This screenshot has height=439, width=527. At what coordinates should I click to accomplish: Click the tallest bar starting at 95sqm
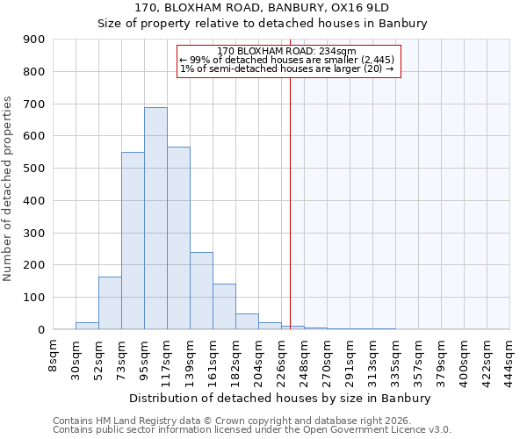[x=155, y=219]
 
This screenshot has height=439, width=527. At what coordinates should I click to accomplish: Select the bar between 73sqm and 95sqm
[x=133, y=241]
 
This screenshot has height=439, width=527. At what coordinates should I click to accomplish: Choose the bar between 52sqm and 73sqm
[x=110, y=303]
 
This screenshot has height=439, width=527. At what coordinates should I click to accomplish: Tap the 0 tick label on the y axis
[x=40, y=330]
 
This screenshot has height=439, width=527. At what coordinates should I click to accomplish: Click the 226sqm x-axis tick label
[x=282, y=357]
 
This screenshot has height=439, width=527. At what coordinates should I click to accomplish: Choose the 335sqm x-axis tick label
[x=396, y=357]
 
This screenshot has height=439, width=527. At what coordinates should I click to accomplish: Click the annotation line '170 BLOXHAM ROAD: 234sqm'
[x=286, y=51]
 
